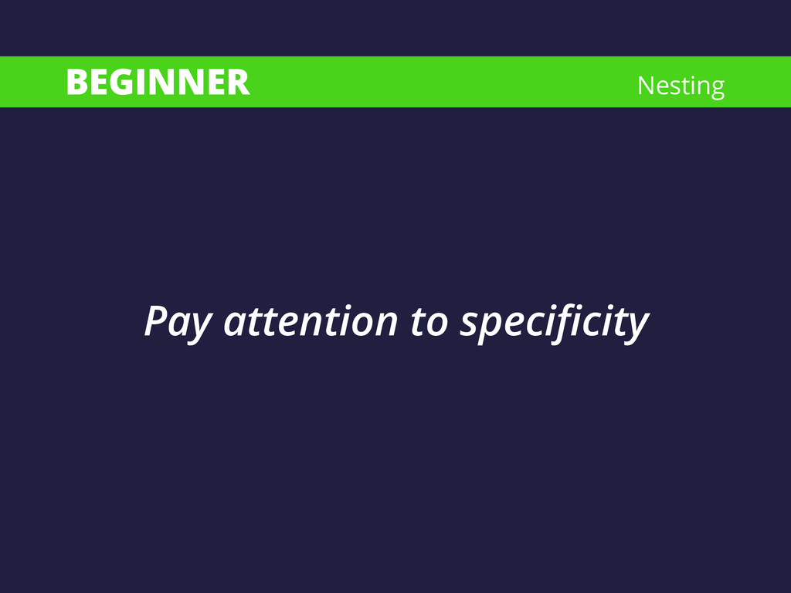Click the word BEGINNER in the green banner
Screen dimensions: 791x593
[x=158, y=82]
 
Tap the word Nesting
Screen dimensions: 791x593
[x=681, y=86]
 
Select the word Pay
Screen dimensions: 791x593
[x=178, y=324]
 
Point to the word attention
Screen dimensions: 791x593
[x=311, y=321]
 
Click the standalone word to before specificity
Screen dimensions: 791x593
[x=429, y=322]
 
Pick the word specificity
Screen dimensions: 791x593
[x=553, y=324]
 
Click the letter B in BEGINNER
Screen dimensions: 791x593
[x=76, y=82]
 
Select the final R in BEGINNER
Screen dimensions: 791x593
[x=239, y=82]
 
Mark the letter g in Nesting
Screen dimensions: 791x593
[x=716, y=89]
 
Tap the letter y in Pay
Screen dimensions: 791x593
[x=200, y=328]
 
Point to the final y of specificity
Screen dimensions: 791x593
[x=635, y=328]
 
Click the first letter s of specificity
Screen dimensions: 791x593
[x=469, y=325]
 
